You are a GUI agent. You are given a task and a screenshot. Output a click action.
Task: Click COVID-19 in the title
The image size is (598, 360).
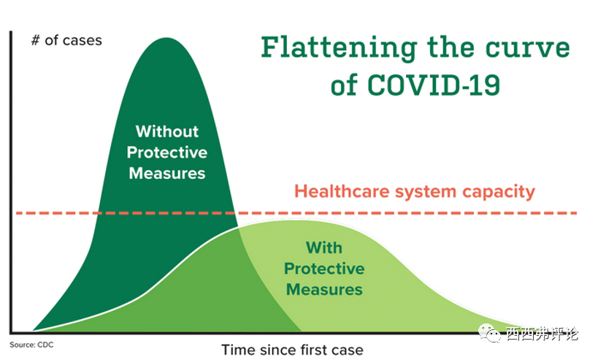434,85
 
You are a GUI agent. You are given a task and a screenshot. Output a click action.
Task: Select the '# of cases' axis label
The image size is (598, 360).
66,39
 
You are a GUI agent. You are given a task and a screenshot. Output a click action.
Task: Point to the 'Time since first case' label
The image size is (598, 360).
292,349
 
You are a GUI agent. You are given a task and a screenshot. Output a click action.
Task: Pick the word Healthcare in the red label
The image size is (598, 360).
342,192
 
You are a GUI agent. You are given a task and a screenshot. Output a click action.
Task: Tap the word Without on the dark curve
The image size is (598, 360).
167,131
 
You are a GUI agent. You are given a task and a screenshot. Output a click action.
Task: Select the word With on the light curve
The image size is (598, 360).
324,247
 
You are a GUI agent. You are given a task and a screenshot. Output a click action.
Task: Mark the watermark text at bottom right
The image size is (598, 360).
543,334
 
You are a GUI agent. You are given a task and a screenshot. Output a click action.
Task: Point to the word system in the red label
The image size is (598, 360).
426,192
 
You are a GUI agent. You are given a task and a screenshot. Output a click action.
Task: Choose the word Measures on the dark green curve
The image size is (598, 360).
167,174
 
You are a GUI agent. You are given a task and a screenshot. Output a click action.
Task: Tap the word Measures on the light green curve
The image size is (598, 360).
324,289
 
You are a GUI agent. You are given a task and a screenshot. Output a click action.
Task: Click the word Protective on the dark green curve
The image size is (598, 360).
167,153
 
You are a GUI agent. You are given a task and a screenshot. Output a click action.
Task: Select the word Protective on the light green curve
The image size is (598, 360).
324,268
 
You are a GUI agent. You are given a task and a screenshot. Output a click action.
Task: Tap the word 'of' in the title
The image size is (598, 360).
344,85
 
